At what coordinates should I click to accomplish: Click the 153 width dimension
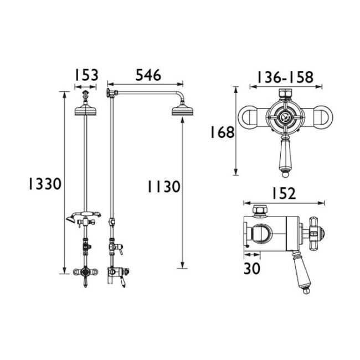click(86, 75)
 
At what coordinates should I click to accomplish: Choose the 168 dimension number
click(223, 132)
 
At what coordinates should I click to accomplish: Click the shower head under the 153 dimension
click(85, 110)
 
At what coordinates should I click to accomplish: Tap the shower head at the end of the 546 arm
click(182, 111)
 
